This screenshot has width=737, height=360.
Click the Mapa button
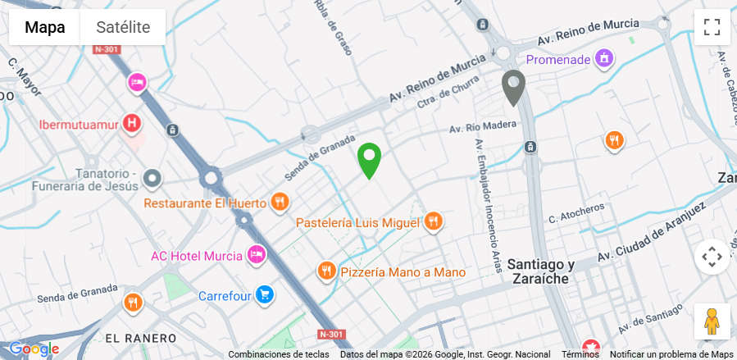[44, 27]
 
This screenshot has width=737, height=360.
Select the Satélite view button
[123, 27]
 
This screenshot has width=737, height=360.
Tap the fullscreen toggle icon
[712, 26]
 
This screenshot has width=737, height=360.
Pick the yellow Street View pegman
[712, 321]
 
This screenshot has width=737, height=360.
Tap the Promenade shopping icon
[604, 58]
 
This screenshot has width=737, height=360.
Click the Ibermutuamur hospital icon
[130, 125]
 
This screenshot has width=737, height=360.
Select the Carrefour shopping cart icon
[264, 294]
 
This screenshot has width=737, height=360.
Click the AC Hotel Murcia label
[197, 255]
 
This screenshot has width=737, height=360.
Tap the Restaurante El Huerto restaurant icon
[280, 202]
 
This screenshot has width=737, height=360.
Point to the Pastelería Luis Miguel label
[357, 222]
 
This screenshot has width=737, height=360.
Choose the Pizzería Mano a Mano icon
[326, 271]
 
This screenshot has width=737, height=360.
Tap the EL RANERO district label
[141, 338]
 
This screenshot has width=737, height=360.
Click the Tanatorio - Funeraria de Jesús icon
[152, 178]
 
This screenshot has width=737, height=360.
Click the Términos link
[580, 354]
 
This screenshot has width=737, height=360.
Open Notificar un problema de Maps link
[671, 354]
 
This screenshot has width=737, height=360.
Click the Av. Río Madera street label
[484, 126]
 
